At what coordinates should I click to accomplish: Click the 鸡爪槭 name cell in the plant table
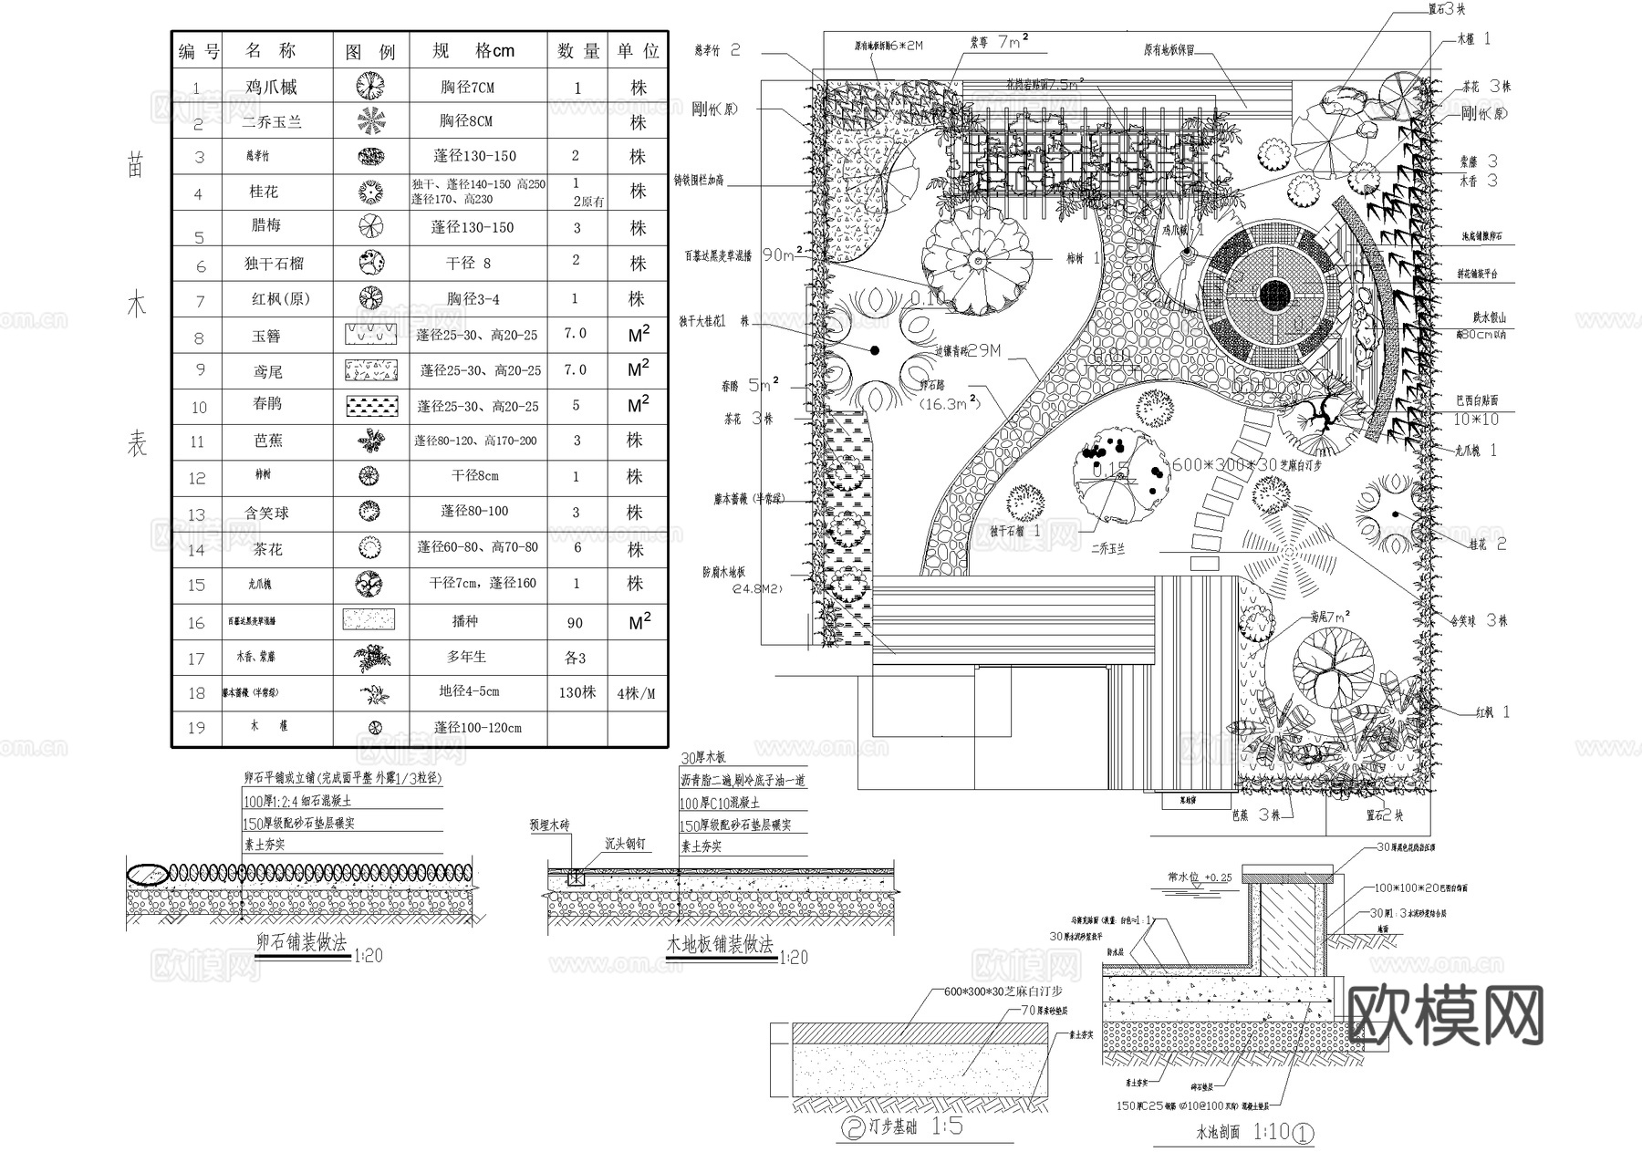[271, 88]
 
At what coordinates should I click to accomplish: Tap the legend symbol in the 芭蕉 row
[370, 441]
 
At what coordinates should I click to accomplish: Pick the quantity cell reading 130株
[577, 693]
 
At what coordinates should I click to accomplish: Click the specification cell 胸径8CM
[465, 121]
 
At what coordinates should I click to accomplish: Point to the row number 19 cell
[196, 728]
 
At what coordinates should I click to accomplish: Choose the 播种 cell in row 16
[465, 621]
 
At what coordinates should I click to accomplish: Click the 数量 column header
[578, 51]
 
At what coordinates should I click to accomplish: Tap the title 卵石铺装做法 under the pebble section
[301, 944]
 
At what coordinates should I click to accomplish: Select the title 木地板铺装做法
[720, 945]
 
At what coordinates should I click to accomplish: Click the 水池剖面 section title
[1218, 1133]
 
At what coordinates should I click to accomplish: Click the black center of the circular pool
[1274, 295]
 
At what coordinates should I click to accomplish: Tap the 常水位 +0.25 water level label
[1200, 877]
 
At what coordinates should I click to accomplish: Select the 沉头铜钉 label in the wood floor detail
[625, 844]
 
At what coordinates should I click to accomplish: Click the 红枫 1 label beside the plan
[1492, 712]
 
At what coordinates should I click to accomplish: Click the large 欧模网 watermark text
[1445, 1015]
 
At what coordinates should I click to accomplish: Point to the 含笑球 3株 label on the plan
[1479, 620]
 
